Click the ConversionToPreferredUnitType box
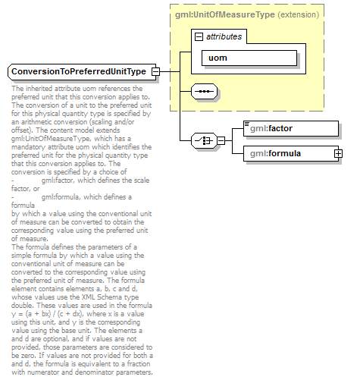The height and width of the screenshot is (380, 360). tap(77, 71)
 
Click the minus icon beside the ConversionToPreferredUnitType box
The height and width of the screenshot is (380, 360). tap(155, 71)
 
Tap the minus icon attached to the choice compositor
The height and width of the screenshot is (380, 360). tap(221, 140)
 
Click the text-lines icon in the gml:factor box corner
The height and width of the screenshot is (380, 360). tap(246, 124)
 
